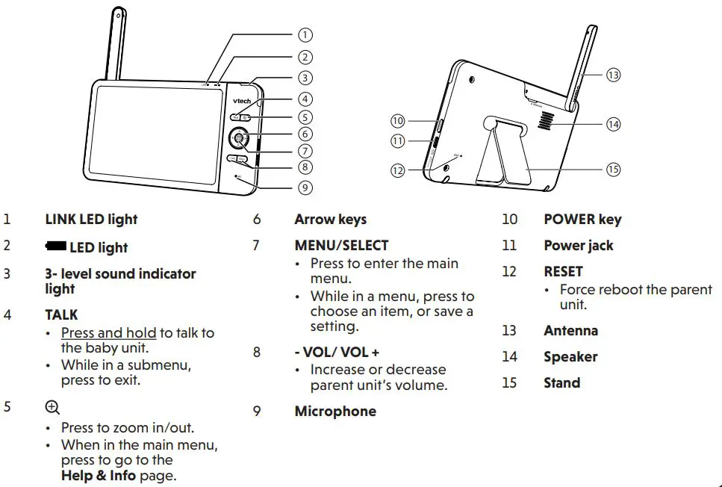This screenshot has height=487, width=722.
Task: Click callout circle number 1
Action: tap(305, 34)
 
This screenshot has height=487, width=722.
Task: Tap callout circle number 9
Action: tap(305, 187)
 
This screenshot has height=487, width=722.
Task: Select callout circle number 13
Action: tap(613, 75)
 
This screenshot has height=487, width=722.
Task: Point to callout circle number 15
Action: tap(613, 170)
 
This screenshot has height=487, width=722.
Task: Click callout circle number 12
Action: tap(398, 170)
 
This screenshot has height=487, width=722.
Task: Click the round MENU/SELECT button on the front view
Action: tap(239, 138)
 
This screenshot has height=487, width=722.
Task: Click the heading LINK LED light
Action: tap(91, 220)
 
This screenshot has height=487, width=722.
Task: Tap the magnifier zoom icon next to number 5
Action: tap(52, 407)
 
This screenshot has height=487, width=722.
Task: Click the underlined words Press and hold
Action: tap(108, 333)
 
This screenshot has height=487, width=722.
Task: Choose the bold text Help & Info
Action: tap(99, 475)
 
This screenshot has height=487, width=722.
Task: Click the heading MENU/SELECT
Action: tap(341, 245)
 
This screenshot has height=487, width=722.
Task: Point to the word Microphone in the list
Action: tap(334, 412)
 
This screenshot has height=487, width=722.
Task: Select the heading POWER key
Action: tap(582, 220)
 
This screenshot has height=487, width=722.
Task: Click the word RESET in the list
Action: tap(563, 271)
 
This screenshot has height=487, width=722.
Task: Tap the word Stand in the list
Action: tap(561, 383)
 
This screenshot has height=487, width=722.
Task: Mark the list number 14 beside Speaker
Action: tap(509, 357)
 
